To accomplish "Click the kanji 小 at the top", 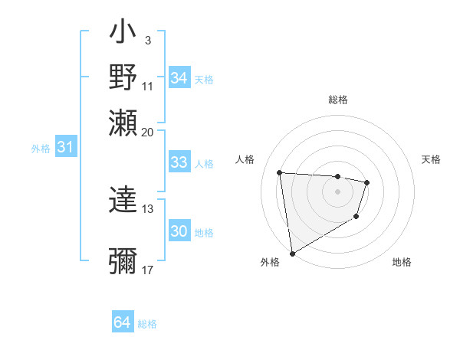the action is point(123,34).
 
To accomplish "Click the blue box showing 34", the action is point(179,78).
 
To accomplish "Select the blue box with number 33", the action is point(179,162).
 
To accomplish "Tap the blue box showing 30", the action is point(179,231).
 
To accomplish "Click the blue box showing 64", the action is point(123,322).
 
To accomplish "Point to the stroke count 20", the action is point(148,132).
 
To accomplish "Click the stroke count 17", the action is point(148,270).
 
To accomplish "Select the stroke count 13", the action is point(148,208).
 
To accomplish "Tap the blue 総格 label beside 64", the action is point(147,324).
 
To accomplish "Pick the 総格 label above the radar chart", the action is point(337,100).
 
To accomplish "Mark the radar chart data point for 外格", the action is point(292,253).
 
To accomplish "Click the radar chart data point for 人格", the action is point(280,172).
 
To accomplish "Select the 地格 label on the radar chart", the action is point(402,263).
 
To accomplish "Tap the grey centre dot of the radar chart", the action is point(337,191).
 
